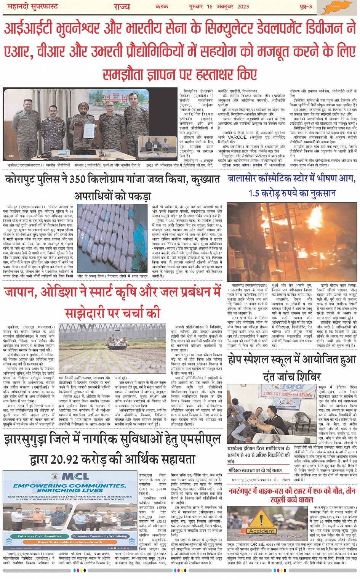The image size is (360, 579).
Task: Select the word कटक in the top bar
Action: [x=162, y=6]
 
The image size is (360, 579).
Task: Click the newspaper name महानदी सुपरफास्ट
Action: [x=32, y=6]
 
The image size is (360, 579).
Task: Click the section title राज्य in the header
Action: [x=122, y=6]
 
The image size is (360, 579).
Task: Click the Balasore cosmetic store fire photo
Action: [x=291, y=242]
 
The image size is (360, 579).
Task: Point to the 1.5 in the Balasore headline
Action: [x=257, y=193]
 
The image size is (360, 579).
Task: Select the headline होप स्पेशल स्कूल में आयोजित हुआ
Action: [x=291, y=359]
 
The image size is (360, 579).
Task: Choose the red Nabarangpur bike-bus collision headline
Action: [x=291, y=495]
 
